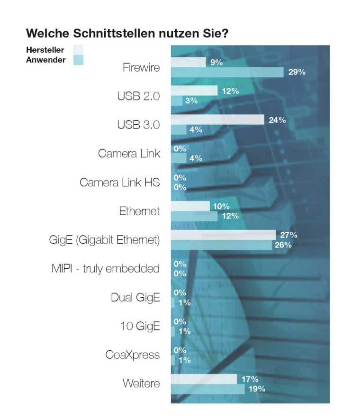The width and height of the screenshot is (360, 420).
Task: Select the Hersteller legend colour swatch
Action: (78, 50)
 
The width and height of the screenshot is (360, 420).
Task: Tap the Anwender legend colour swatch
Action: (78, 60)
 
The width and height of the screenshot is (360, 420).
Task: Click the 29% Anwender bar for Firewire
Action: (227, 72)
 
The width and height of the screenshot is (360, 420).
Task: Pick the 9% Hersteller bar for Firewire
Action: (188, 62)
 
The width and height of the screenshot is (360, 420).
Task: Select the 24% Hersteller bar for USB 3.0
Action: (217, 119)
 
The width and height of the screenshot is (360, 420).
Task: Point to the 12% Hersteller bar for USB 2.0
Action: (194, 91)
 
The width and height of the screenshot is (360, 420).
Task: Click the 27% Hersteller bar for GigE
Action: (223, 235)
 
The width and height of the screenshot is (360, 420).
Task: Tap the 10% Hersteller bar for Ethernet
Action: (190, 206)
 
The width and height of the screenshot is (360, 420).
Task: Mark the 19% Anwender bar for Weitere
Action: (207, 389)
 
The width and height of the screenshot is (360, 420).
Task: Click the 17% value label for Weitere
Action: (250, 379)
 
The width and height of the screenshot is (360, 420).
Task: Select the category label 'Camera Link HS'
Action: (120, 183)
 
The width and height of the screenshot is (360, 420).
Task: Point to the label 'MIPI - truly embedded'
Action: (105, 269)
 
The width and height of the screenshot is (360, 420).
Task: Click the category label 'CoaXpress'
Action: (132, 355)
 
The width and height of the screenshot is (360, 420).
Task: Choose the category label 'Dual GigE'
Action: (135, 298)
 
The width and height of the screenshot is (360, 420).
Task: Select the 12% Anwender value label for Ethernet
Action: (230, 216)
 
